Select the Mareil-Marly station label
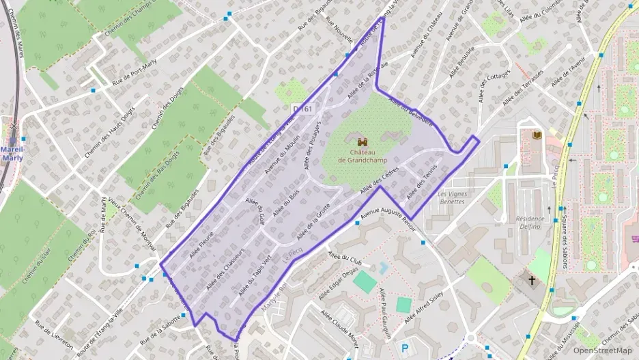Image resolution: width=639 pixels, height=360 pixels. tap(12, 153)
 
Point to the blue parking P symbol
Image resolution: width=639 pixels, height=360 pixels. tap(405, 348)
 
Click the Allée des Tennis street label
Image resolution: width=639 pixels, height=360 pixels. tap(421, 185)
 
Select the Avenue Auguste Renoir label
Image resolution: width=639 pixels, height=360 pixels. tap(388, 217)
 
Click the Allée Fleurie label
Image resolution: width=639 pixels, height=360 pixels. tap(202, 243)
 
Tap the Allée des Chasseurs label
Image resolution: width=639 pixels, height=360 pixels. tap(225, 264)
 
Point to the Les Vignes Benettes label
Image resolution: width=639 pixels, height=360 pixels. tap(451, 198)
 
